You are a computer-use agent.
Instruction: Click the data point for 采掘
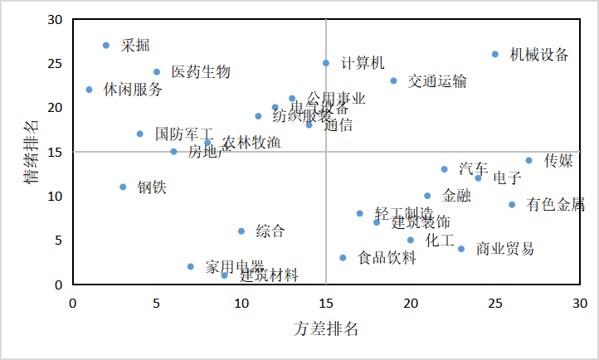[106, 46]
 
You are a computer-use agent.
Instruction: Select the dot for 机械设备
[495, 55]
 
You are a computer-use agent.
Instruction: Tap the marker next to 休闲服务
[90, 90]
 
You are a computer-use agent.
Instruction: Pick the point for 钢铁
[123, 187]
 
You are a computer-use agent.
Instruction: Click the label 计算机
[363, 63]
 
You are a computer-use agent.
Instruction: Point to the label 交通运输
[437, 81]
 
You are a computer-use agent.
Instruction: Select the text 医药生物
[200, 72]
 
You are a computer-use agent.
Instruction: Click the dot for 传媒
[528, 161]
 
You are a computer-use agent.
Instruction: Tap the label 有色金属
[555, 205]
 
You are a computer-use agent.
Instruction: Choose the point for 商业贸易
[461, 249]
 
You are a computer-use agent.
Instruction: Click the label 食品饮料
[387, 258]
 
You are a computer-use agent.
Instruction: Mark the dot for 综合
[241, 231]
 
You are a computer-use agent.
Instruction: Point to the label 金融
[456, 196]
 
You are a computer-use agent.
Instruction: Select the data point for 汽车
[444, 169]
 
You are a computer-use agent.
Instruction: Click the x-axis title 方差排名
[325, 328]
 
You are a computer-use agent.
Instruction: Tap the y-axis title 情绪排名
[31, 151]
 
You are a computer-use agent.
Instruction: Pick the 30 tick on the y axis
[56, 19]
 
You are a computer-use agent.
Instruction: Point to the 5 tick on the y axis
[59, 241]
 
